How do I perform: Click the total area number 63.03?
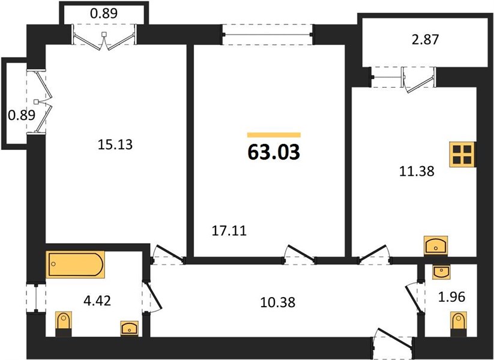click(274, 152)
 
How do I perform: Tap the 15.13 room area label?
click(115, 145)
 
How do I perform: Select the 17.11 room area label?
click(229, 231)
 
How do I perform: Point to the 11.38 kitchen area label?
click(417, 172)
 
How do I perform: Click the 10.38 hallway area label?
click(278, 302)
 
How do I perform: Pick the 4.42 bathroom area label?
click(97, 301)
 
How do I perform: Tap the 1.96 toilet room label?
click(452, 296)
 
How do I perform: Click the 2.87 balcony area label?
click(426, 40)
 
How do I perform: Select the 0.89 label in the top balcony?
click(104, 13)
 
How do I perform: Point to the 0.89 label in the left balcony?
click(22, 116)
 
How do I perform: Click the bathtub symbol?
click(75, 265)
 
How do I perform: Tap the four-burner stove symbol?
click(462, 155)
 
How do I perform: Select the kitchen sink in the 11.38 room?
click(436, 245)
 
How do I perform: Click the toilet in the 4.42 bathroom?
click(64, 324)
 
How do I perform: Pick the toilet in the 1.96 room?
click(459, 325)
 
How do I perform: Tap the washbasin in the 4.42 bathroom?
click(130, 328)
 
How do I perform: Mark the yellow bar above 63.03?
click(274, 135)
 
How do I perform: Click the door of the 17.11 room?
click(300, 254)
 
